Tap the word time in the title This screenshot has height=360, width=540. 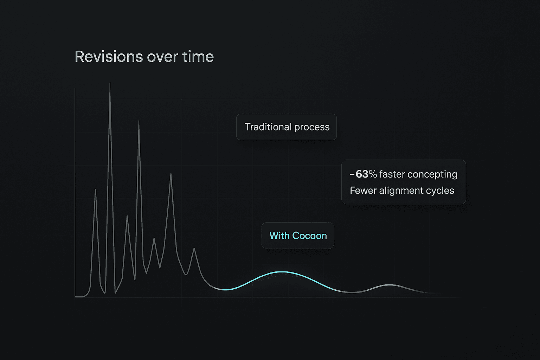click(x=198, y=57)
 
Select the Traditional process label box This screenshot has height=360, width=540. click(x=287, y=127)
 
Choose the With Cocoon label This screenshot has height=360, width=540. click(x=298, y=236)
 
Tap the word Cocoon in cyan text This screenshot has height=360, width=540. click(x=310, y=236)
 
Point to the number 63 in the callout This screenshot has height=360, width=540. click(x=362, y=174)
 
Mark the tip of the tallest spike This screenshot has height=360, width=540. click(x=110, y=83)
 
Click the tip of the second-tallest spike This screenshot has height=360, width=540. click(x=139, y=121)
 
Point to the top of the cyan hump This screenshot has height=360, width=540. click(x=283, y=272)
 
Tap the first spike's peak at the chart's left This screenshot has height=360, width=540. click(x=95, y=189)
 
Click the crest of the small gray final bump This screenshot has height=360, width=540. click(x=390, y=285)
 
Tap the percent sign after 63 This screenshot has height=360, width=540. click(x=373, y=174)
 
